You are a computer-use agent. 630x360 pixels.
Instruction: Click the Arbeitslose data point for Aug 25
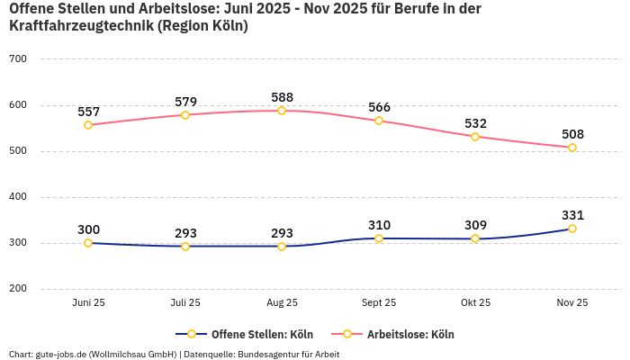tap(282, 111)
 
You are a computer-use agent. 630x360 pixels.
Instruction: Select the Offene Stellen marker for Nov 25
tap(572, 229)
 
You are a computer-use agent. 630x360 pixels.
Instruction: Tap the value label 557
tap(88, 112)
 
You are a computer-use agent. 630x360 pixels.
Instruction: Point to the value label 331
tap(572, 215)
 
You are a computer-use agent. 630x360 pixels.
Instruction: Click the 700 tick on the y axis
tap(18, 59)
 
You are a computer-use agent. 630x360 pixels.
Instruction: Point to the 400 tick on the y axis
tap(18, 197)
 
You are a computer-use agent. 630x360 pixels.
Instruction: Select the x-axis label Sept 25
tap(379, 303)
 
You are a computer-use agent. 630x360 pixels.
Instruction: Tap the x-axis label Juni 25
tap(88, 303)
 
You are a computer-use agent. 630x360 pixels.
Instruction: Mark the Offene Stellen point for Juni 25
tap(88, 243)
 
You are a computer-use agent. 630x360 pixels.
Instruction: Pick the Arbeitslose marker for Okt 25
tap(475, 137)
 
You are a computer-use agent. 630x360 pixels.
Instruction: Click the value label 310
tap(379, 225)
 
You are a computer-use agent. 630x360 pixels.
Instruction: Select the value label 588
tap(282, 97)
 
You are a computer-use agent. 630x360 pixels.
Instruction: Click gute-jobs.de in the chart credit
tap(60, 354)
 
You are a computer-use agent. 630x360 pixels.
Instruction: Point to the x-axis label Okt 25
tap(475, 303)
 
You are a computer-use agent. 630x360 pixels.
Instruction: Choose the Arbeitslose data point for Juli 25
tap(185, 115)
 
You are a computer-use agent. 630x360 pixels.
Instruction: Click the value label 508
tap(572, 134)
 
